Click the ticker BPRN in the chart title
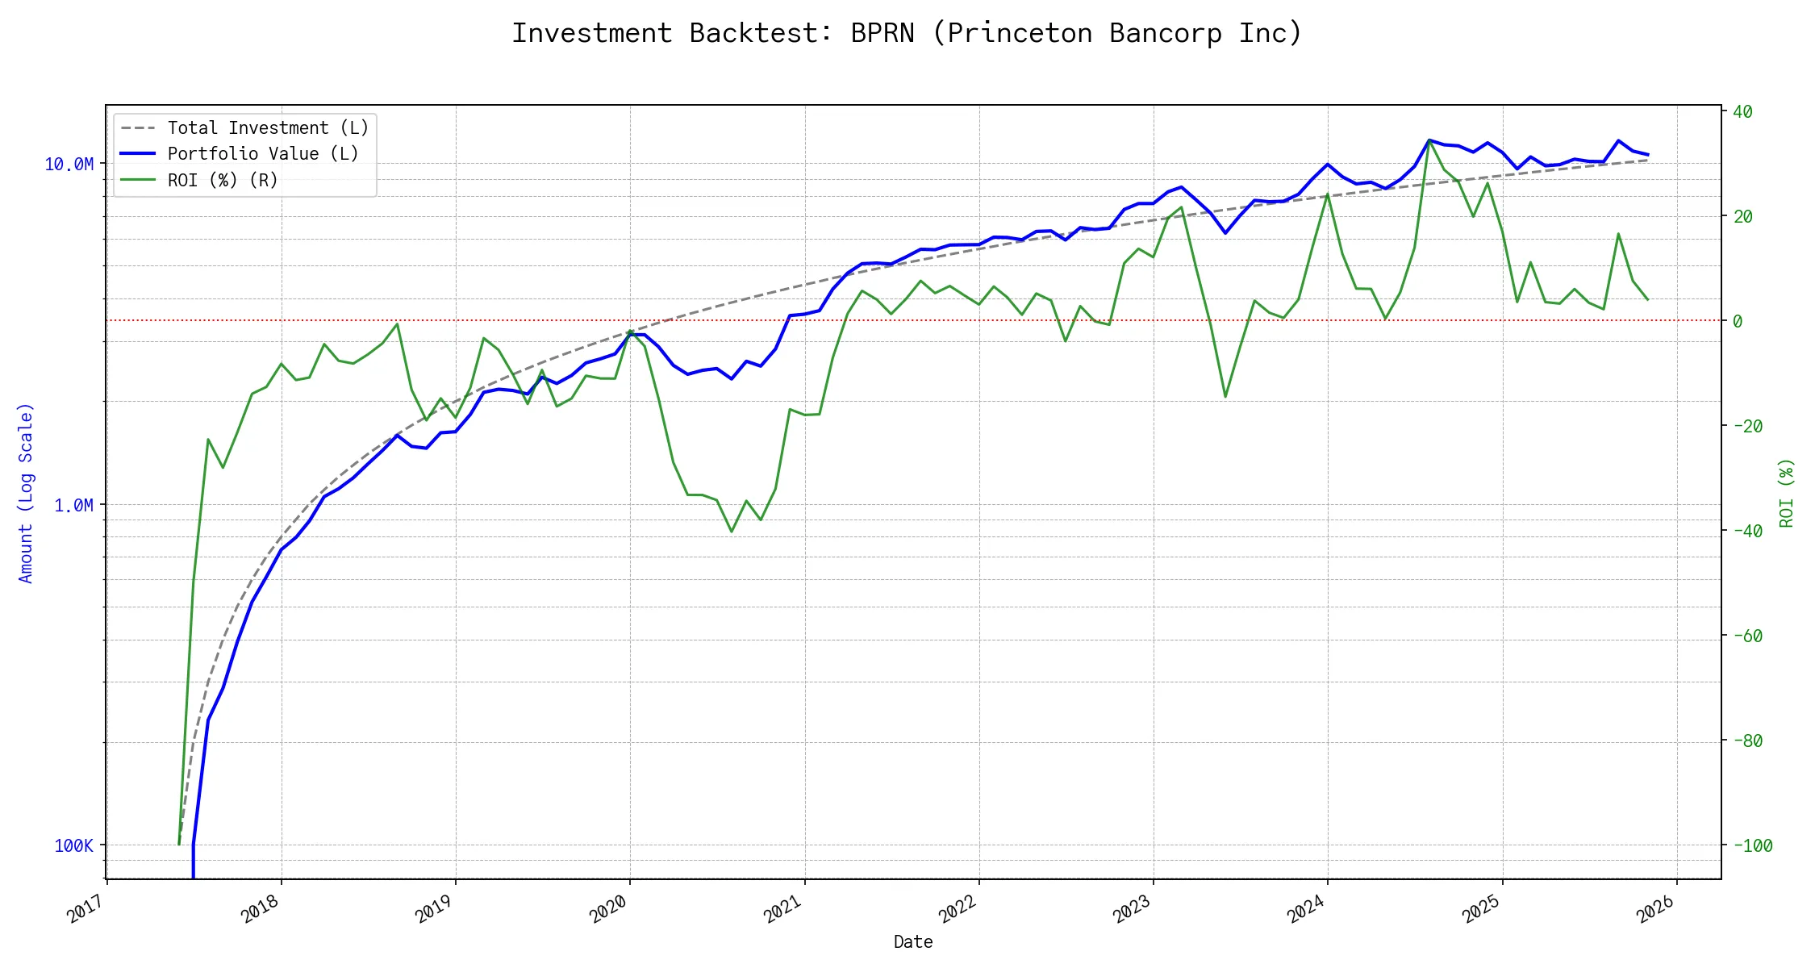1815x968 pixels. click(x=882, y=33)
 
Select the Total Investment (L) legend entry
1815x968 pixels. click(x=267, y=127)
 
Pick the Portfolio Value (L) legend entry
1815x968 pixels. click(x=262, y=153)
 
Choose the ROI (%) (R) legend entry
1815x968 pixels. click(x=222, y=180)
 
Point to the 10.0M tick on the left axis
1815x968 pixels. click(x=69, y=165)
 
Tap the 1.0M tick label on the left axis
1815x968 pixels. click(x=73, y=506)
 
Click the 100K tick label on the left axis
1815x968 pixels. click(x=73, y=845)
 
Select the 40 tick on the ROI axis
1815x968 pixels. click(x=1742, y=111)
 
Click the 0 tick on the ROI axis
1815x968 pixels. click(x=1737, y=321)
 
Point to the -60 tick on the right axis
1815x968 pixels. click(x=1747, y=636)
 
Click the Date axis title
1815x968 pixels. click(x=912, y=942)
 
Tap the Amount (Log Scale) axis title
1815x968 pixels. click(x=26, y=493)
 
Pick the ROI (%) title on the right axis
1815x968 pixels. click(x=1787, y=493)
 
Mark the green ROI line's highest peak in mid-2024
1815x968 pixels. click(x=1429, y=141)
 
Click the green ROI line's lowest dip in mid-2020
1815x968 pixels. click(x=732, y=532)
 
